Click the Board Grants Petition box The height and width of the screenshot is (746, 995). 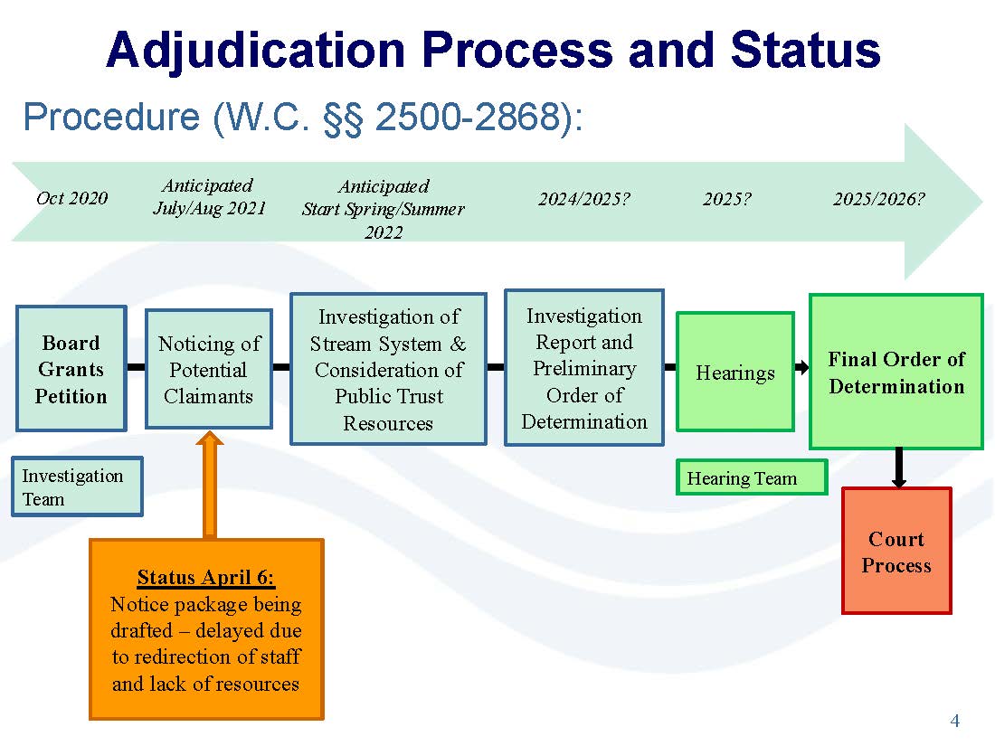click(71, 369)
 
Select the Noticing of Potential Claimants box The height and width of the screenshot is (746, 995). click(209, 369)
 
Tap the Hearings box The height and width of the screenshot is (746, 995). click(735, 372)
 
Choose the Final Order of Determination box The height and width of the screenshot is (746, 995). click(896, 372)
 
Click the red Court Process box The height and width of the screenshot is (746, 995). click(896, 551)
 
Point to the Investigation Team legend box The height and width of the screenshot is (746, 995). click(77, 486)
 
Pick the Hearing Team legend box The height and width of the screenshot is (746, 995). click(752, 477)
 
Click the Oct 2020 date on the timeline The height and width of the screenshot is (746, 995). click(71, 198)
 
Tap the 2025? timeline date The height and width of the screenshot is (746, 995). click(726, 199)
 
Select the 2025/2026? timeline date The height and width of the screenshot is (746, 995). click(879, 199)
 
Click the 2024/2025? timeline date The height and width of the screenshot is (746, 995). click(583, 199)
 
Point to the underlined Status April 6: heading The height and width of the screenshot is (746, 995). click(205, 577)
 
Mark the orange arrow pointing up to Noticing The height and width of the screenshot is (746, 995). click(210, 486)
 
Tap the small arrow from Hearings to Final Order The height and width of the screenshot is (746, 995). click(802, 367)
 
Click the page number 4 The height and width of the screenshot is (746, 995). click(954, 721)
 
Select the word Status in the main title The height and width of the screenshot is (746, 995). click(805, 50)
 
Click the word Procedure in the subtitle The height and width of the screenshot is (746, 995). click(111, 117)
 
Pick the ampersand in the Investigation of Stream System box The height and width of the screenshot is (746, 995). click(459, 344)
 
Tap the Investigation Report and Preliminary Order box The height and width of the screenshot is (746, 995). click(583, 368)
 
